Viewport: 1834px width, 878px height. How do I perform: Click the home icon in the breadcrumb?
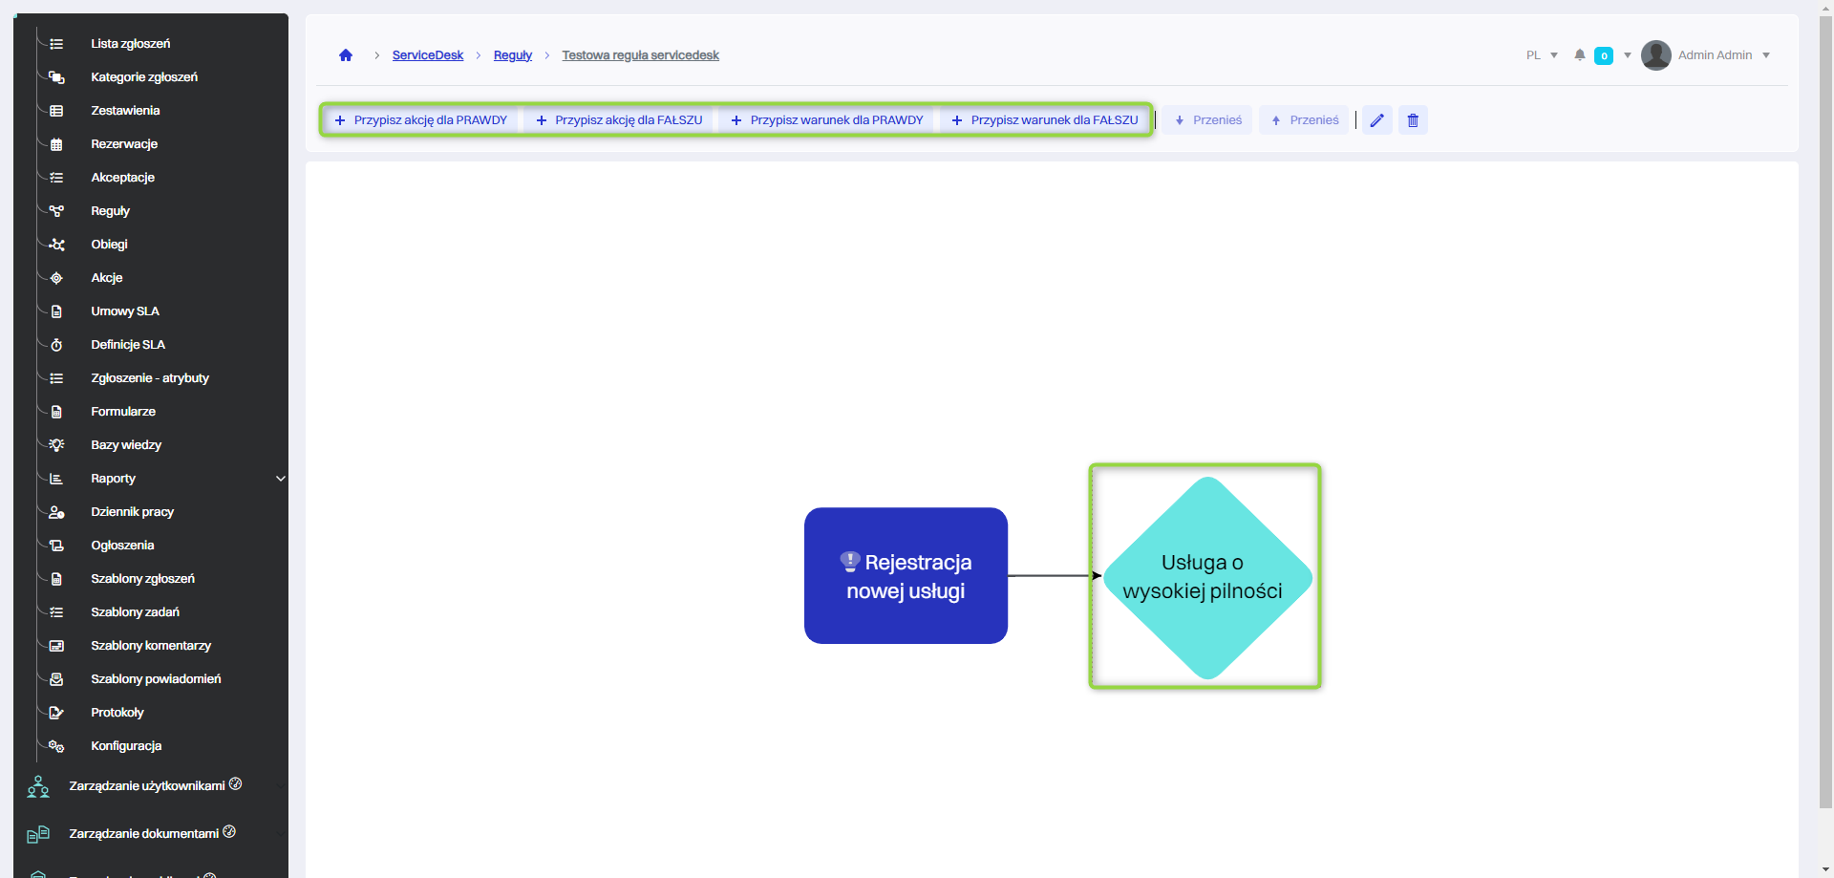pyautogui.click(x=346, y=55)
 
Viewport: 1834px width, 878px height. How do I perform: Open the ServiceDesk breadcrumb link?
pyautogui.click(x=427, y=55)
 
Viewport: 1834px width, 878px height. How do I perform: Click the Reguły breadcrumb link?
pyautogui.click(x=512, y=55)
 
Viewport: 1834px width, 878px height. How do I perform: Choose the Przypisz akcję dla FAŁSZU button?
pyautogui.click(x=619, y=120)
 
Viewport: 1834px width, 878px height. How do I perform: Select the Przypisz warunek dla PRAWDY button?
pyautogui.click(x=827, y=120)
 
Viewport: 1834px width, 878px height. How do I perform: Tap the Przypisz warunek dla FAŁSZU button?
pyautogui.click(x=1045, y=120)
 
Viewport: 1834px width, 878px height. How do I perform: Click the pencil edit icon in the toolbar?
pyautogui.click(x=1376, y=120)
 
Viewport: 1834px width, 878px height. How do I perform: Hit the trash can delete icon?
pyautogui.click(x=1413, y=120)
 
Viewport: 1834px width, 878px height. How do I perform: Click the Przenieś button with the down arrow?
pyautogui.click(x=1207, y=120)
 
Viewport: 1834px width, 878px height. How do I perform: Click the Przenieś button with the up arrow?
pyautogui.click(x=1304, y=120)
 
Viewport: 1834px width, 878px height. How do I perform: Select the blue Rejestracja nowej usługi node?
pyautogui.click(x=906, y=576)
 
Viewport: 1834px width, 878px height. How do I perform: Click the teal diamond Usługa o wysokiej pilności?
pyautogui.click(x=1206, y=577)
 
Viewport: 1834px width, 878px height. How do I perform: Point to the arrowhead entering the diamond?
pyautogui.click(x=1097, y=576)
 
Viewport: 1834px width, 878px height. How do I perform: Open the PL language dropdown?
pyautogui.click(x=1542, y=55)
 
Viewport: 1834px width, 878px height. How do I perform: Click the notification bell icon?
pyautogui.click(x=1580, y=55)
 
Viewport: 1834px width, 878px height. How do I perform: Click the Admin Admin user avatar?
pyautogui.click(x=1655, y=55)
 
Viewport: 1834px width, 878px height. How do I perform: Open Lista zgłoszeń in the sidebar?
pyautogui.click(x=130, y=44)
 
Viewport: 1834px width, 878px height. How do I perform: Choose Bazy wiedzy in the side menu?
pyautogui.click(x=126, y=445)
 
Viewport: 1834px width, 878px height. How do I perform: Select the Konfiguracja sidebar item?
pyautogui.click(x=126, y=746)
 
